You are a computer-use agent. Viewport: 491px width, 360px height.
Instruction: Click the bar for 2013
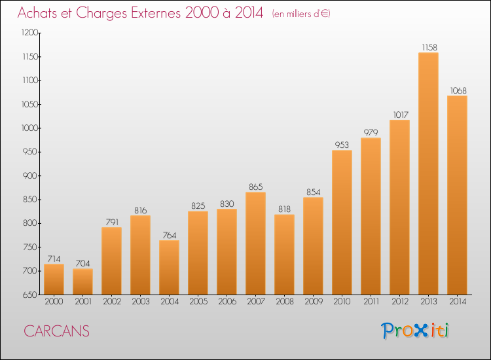(x=428, y=173)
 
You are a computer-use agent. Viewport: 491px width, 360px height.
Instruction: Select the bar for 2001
(x=82, y=281)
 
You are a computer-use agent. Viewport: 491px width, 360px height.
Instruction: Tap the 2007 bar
(x=255, y=243)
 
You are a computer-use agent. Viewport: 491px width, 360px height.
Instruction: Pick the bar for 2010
(x=342, y=223)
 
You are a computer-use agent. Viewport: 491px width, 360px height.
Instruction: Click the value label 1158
(x=429, y=47)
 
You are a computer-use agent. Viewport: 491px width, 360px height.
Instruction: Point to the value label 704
(x=82, y=263)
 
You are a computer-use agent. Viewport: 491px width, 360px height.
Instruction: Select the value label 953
(x=342, y=145)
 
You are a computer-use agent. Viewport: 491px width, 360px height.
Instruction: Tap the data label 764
(x=170, y=235)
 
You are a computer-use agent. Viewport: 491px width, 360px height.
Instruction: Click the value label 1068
(x=458, y=90)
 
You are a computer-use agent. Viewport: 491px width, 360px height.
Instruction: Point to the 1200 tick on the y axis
(x=29, y=32)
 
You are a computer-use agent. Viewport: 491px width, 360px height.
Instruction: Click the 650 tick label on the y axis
(x=30, y=295)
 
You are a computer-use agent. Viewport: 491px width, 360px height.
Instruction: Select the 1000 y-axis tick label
(x=29, y=128)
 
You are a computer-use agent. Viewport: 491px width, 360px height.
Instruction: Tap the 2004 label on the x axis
(x=170, y=302)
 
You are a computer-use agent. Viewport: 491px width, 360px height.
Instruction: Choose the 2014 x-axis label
(x=458, y=302)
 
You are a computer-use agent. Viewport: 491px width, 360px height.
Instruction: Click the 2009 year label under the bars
(x=314, y=302)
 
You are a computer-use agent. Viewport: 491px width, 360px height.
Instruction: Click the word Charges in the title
(x=101, y=13)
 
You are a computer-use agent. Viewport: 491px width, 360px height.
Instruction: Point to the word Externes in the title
(x=156, y=12)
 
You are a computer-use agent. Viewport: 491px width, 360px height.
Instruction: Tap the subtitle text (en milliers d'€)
(x=301, y=14)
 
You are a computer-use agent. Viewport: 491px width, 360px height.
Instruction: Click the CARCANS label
(x=57, y=331)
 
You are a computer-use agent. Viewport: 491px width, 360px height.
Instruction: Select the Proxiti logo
(x=415, y=331)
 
